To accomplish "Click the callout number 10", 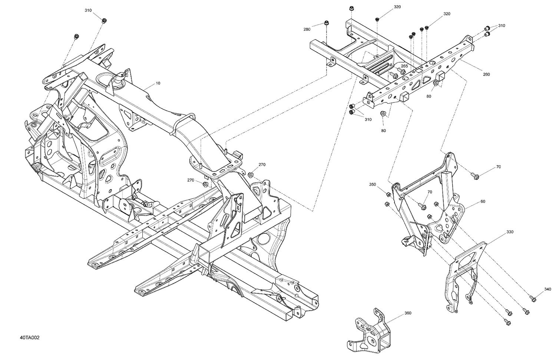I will (x=158, y=83).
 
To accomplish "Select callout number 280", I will (x=307, y=29).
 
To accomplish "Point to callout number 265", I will (x=404, y=66).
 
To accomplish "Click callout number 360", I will (x=408, y=313).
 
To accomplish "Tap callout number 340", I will (x=548, y=289).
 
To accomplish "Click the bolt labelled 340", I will (x=533, y=297).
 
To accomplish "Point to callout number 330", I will (x=510, y=232).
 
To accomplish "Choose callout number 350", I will (x=373, y=184).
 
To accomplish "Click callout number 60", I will (x=483, y=201).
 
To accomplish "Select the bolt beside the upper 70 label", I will (x=475, y=176).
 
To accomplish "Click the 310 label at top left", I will (x=88, y=10).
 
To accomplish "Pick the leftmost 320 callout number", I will (x=387, y=7).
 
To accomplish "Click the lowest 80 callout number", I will (x=383, y=130).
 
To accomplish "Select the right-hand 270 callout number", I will (x=262, y=164).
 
